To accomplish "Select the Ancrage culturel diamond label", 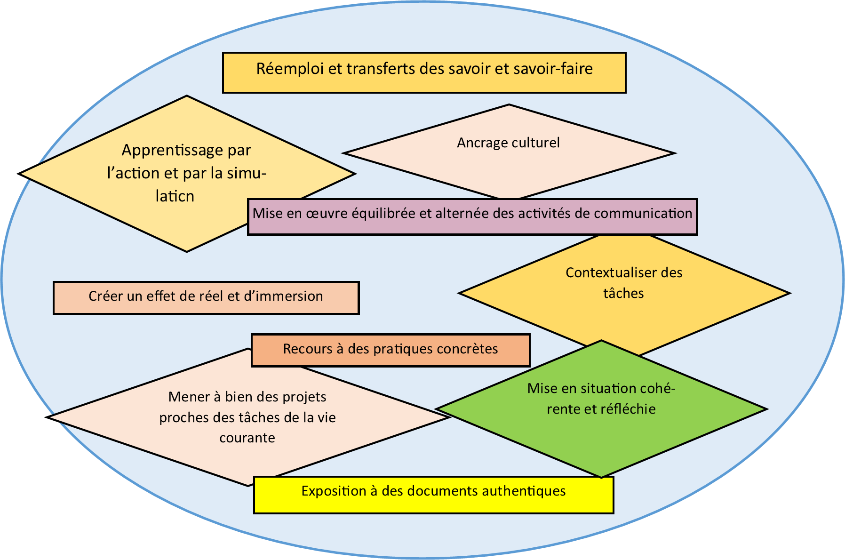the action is point(509,143).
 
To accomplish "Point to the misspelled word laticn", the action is point(175,196).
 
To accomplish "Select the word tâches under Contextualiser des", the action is point(623,293).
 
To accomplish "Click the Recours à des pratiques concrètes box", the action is point(391,350).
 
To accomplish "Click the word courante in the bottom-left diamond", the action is point(247,438).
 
